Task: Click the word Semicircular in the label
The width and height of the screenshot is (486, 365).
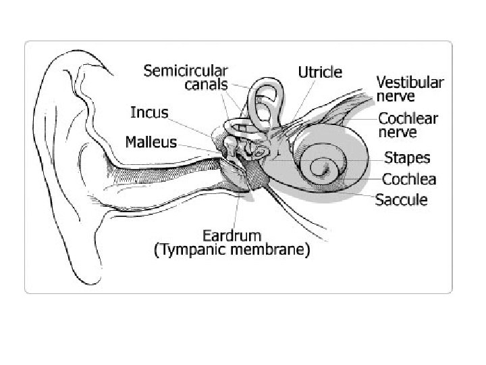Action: [x=186, y=70]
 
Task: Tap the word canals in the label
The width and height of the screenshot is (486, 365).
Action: [x=206, y=84]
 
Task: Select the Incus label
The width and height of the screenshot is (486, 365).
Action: [x=150, y=112]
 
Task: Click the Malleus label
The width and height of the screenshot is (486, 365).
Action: [x=151, y=143]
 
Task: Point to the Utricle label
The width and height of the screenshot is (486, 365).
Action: [x=320, y=72]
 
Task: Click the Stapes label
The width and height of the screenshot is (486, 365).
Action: [x=406, y=159]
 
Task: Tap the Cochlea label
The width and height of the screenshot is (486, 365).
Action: [x=409, y=179]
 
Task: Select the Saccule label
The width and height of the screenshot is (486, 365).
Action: [x=401, y=199]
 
